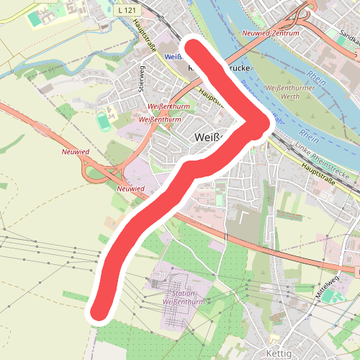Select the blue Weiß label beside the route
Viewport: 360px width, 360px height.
click(174, 56)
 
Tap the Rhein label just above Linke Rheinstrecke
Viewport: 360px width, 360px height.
click(310, 135)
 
